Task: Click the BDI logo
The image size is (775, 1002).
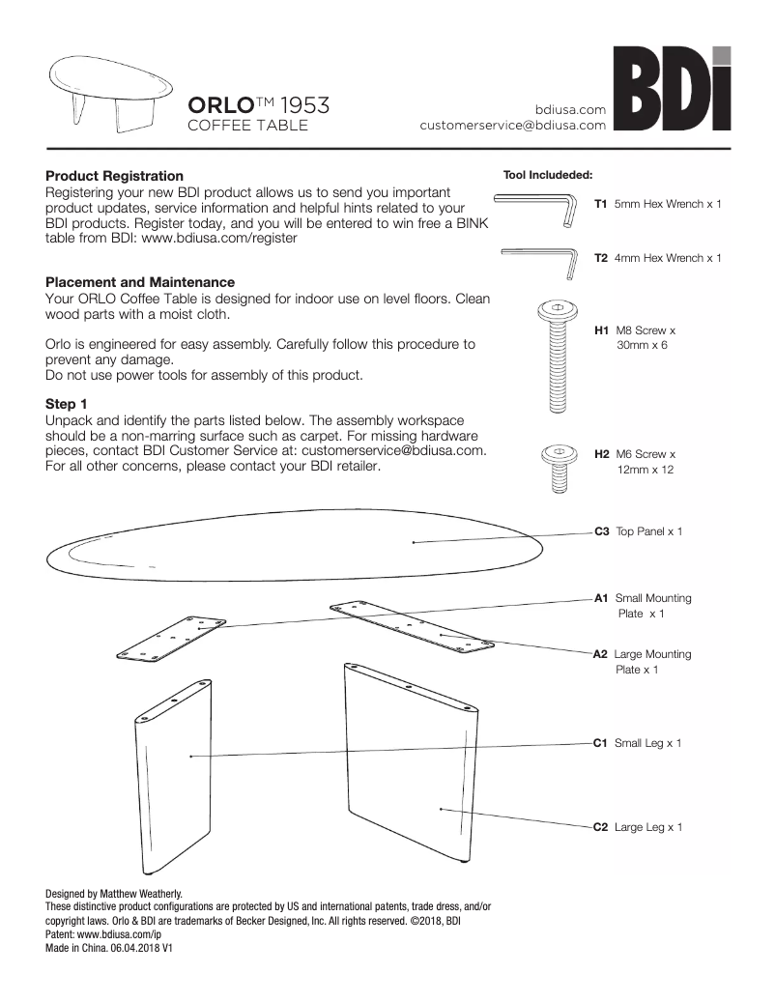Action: pos(673,90)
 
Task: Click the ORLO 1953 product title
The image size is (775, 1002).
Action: pos(258,105)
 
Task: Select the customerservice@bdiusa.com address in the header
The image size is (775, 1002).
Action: pos(512,125)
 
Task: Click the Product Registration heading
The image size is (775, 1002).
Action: pos(114,176)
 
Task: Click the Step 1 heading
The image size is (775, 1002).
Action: pos(67,403)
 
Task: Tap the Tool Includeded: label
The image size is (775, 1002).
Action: pos(547,176)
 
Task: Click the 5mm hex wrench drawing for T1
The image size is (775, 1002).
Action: pos(537,207)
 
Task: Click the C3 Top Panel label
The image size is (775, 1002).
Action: pos(638,531)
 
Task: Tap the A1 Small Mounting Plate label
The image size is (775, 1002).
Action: pos(643,606)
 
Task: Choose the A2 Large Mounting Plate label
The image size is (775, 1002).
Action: pos(643,662)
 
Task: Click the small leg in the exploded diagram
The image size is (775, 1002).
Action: pos(174,773)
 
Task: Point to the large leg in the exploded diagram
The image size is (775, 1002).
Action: pos(411,773)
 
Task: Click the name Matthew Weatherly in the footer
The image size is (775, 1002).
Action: pos(141,894)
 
